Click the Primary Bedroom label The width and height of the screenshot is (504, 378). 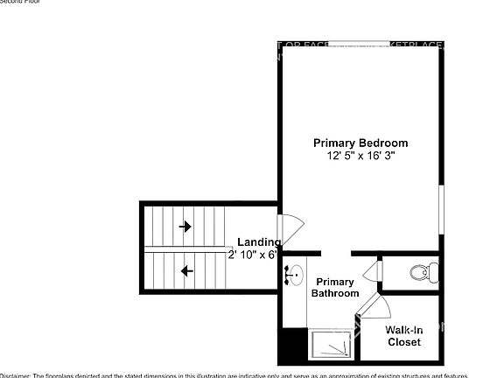(x=360, y=143)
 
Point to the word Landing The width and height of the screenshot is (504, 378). (x=259, y=242)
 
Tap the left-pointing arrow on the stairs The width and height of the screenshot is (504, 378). (x=185, y=271)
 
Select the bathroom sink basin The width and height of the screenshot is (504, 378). (x=297, y=274)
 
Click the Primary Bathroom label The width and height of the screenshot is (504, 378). (x=335, y=288)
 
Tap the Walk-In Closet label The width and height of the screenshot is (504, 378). (x=403, y=336)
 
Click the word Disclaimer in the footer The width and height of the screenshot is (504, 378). (x=15, y=374)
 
